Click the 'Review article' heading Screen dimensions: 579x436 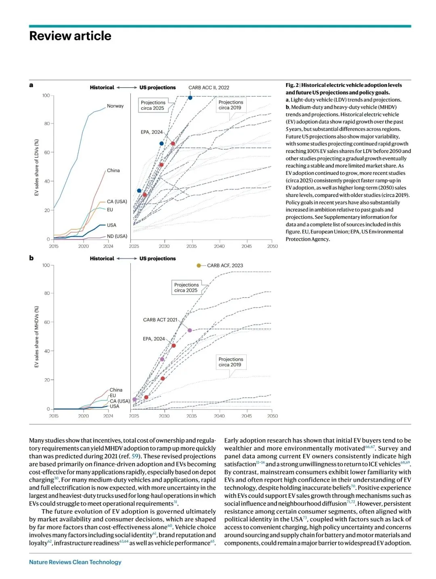tap(70, 36)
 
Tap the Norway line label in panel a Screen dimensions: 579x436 tap(115, 106)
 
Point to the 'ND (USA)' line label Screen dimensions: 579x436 tap(117, 236)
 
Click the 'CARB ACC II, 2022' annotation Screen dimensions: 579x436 tap(209, 88)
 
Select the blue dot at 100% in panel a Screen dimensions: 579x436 tap(190, 98)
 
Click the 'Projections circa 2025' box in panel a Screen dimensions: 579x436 tap(153, 105)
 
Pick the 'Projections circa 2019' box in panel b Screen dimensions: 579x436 tap(231, 362)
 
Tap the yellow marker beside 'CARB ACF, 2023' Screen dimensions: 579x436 tap(199, 265)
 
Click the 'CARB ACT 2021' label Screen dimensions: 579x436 tap(160, 320)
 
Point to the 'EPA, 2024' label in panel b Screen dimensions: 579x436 tap(154, 339)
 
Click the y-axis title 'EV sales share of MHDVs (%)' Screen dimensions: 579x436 tap(37, 336)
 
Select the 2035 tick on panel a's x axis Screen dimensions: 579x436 tap(191, 246)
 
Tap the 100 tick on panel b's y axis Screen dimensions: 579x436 tap(46, 265)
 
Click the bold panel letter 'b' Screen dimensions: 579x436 tap(31, 258)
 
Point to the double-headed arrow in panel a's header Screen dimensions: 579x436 tap(127, 88)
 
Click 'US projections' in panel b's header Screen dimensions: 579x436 tap(157, 258)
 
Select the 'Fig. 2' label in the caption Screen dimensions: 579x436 tap(292, 85)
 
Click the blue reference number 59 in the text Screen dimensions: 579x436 tap(135, 456)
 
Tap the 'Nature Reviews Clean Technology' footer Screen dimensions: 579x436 tap(75, 562)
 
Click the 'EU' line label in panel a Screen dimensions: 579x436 tap(110, 210)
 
